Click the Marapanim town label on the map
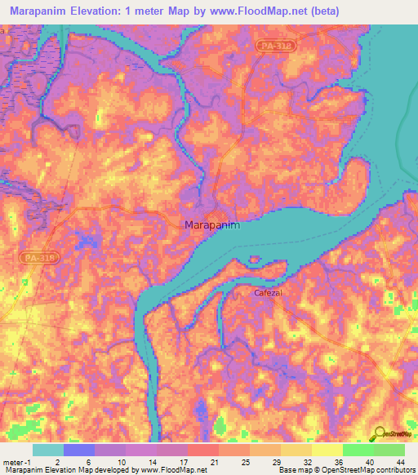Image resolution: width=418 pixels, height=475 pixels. point(212,224)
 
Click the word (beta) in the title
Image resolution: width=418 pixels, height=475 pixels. point(319,11)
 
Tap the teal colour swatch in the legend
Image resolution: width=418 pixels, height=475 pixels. point(47,450)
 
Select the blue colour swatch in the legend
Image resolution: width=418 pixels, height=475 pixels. point(78,450)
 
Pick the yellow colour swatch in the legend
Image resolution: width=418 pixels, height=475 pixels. point(327,450)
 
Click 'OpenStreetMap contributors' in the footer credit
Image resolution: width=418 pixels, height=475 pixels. point(371,470)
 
